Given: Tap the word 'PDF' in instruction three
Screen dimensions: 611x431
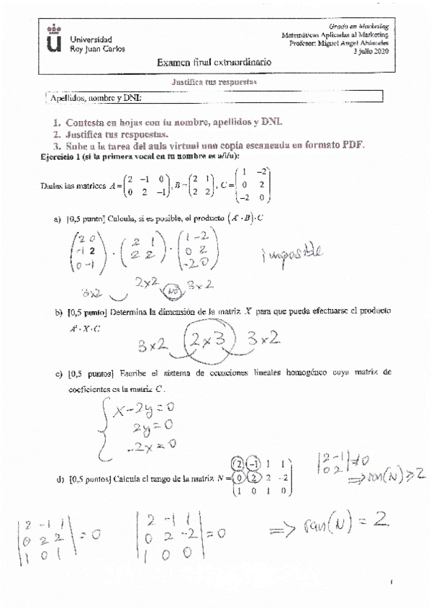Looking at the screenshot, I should (352, 145).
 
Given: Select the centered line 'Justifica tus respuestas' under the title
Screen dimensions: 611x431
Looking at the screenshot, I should (215, 82).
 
